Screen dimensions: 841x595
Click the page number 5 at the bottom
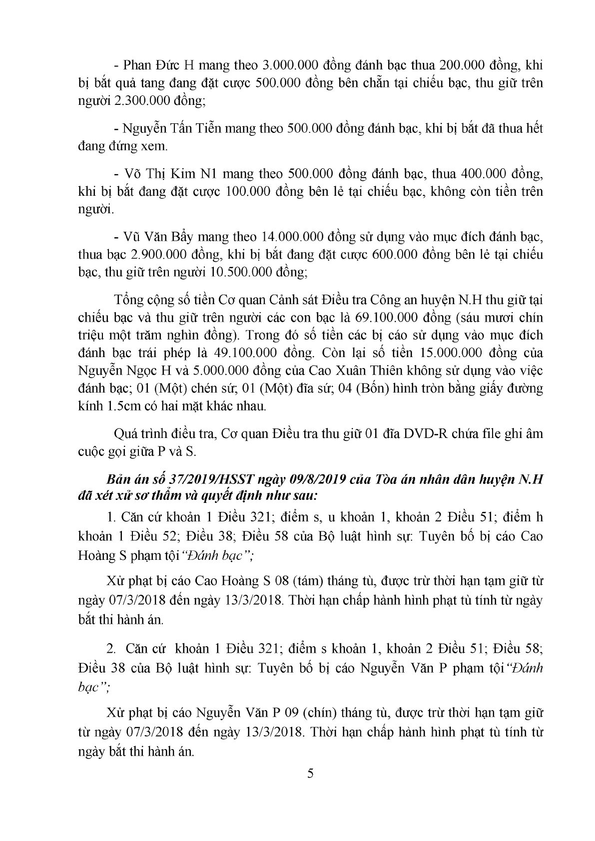pos(310,774)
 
